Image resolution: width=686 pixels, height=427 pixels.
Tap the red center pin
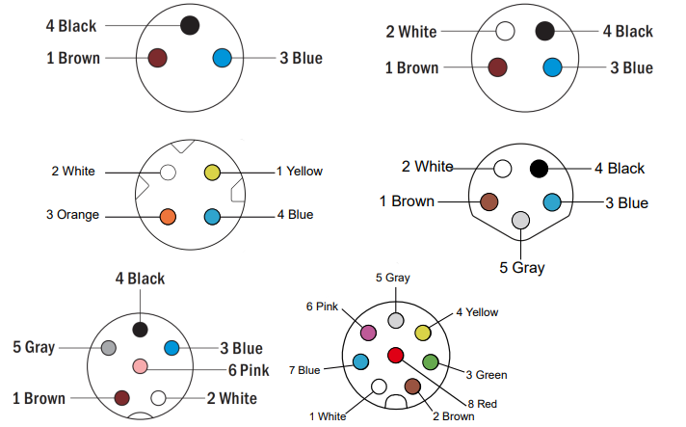(395, 356)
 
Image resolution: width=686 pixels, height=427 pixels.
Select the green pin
(431, 362)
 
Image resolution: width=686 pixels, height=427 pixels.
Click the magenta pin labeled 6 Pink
(367, 333)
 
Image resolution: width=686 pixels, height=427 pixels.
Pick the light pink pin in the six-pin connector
(140, 366)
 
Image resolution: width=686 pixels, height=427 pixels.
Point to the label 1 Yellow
(299, 172)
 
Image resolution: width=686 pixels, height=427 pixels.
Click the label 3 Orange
(72, 215)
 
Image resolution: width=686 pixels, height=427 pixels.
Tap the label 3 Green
(486, 375)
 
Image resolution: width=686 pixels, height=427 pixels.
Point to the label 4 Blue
(295, 215)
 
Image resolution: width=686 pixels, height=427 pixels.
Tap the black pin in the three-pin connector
(190, 26)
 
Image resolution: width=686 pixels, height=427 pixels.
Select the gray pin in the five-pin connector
(521, 221)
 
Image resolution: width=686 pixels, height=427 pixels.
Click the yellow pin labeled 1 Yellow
(212, 173)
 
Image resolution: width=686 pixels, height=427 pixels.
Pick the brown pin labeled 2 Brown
(412, 387)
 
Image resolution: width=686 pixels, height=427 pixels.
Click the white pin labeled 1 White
(377, 387)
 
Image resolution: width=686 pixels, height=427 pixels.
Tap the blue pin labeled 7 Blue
(360, 362)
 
